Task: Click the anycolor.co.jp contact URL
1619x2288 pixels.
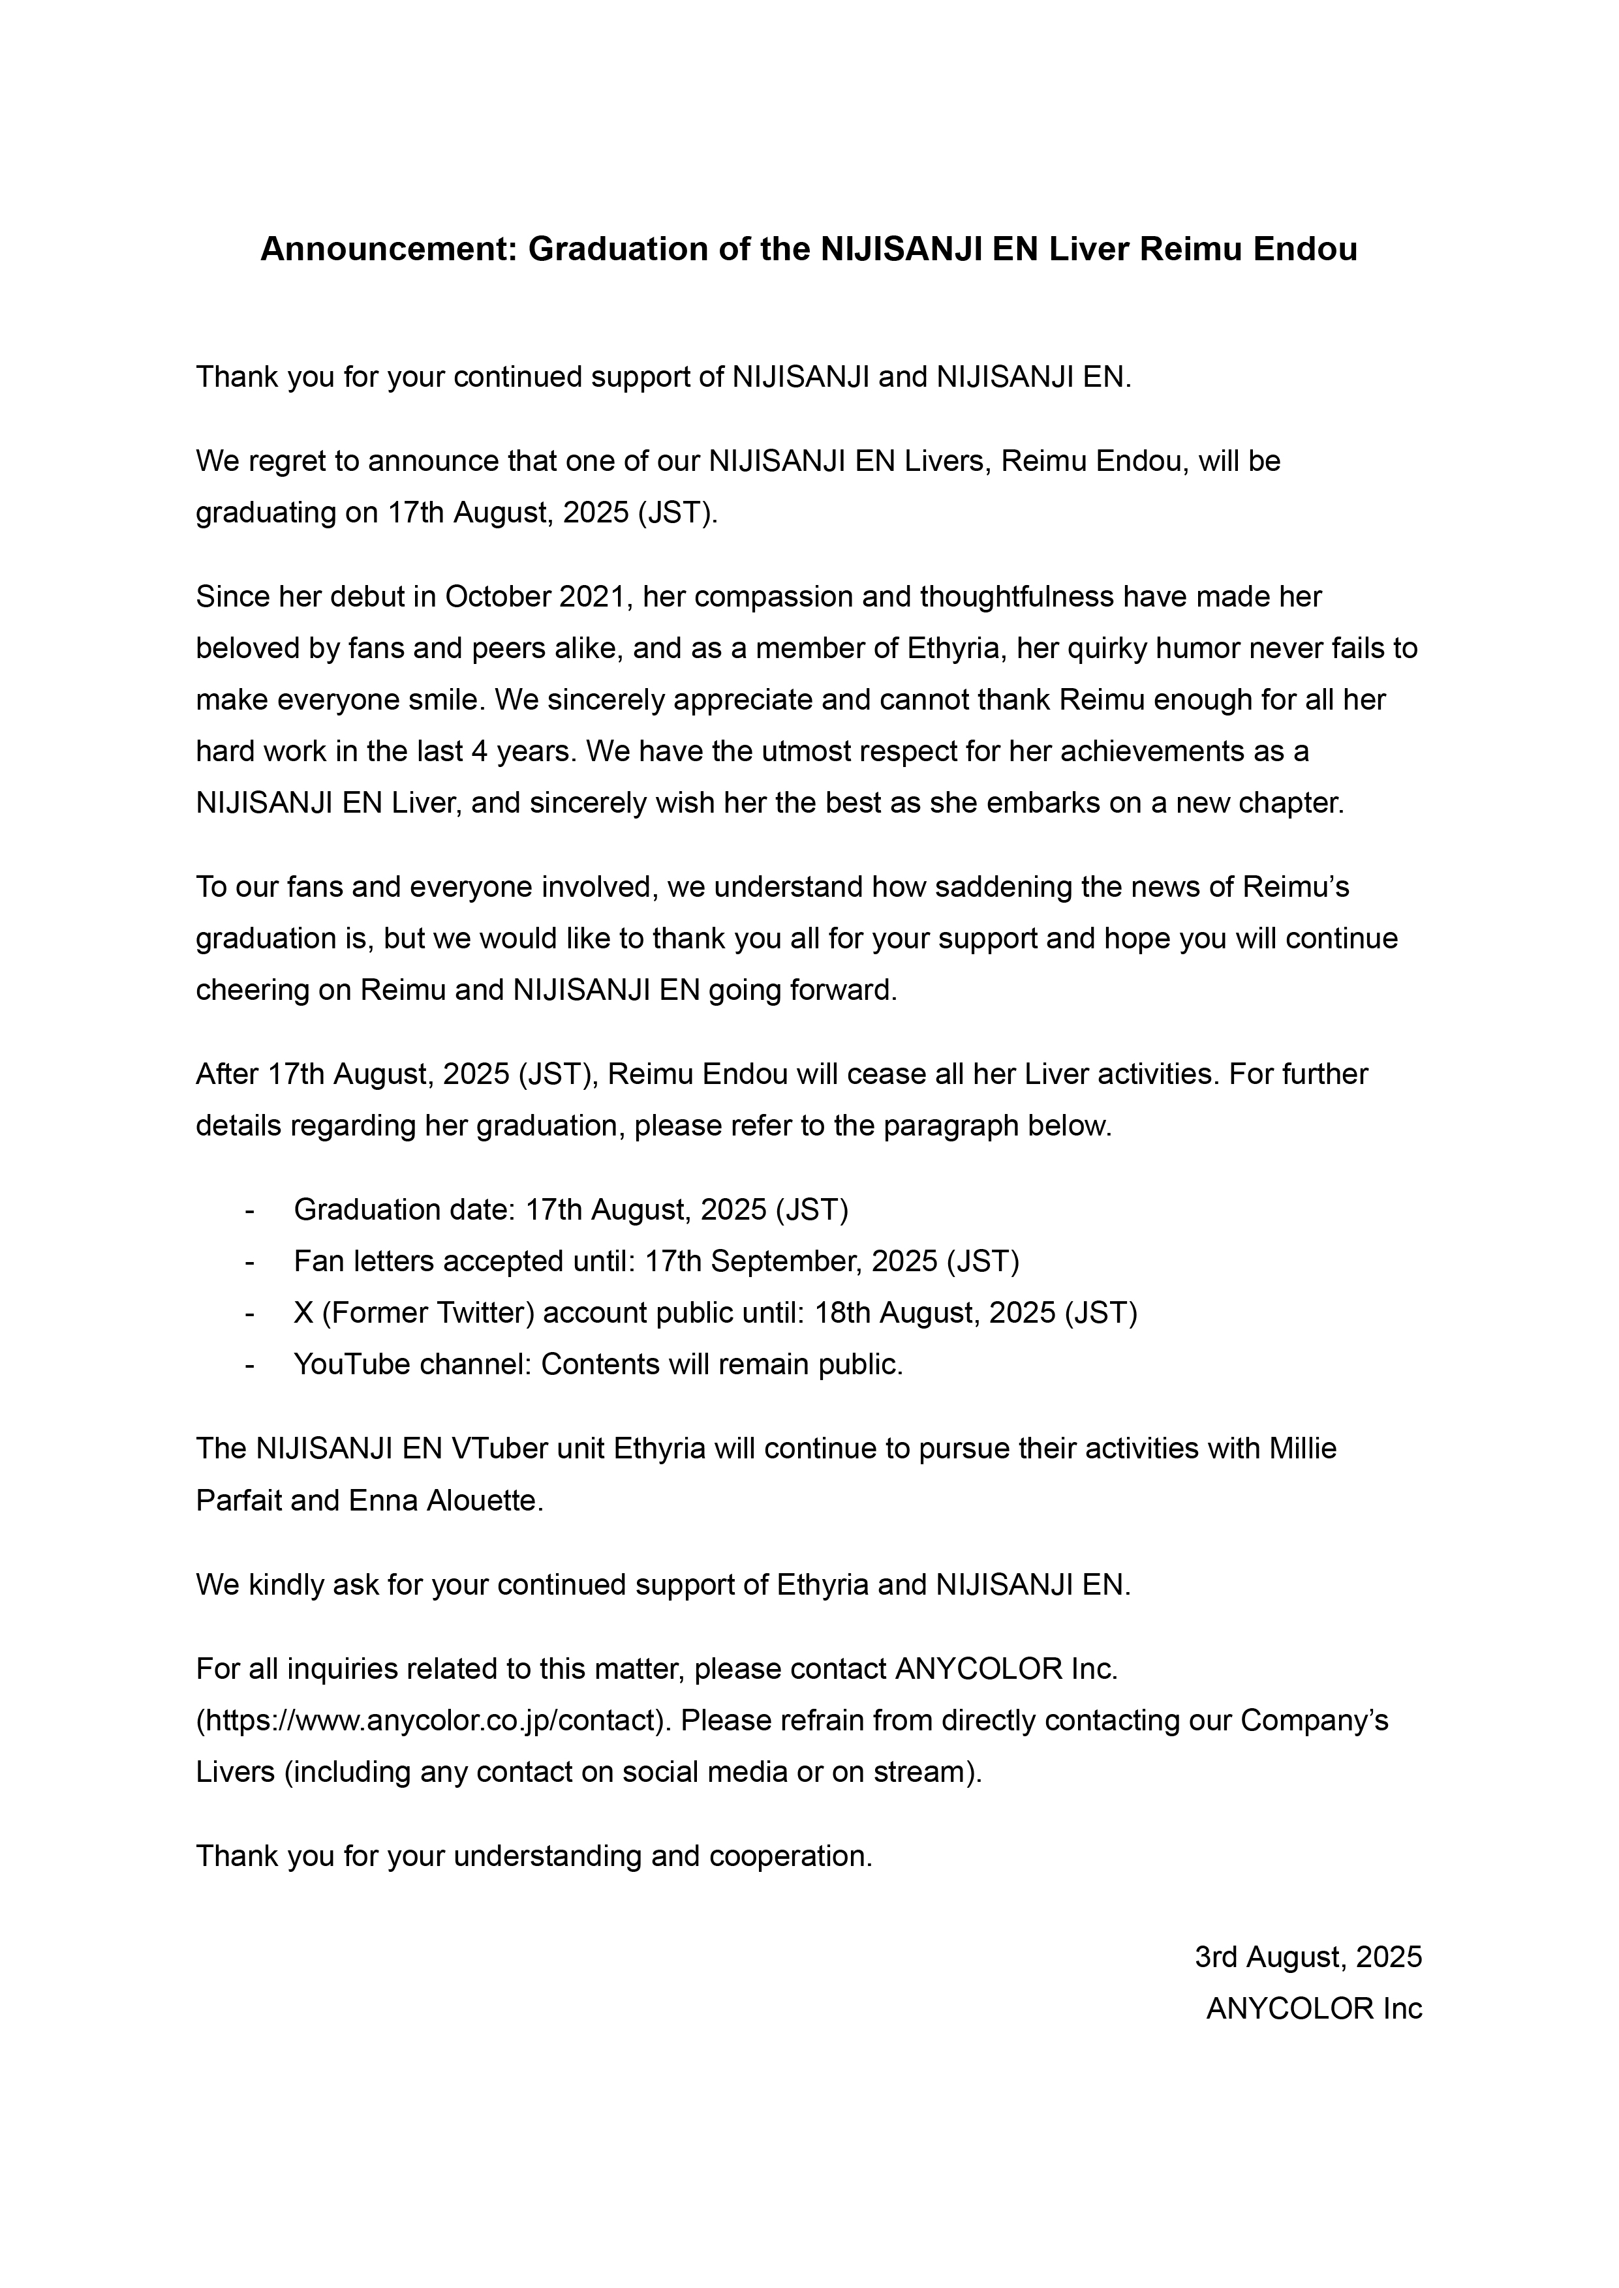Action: pyautogui.click(x=434, y=1721)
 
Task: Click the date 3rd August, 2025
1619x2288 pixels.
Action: pyautogui.click(x=1308, y=1957)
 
